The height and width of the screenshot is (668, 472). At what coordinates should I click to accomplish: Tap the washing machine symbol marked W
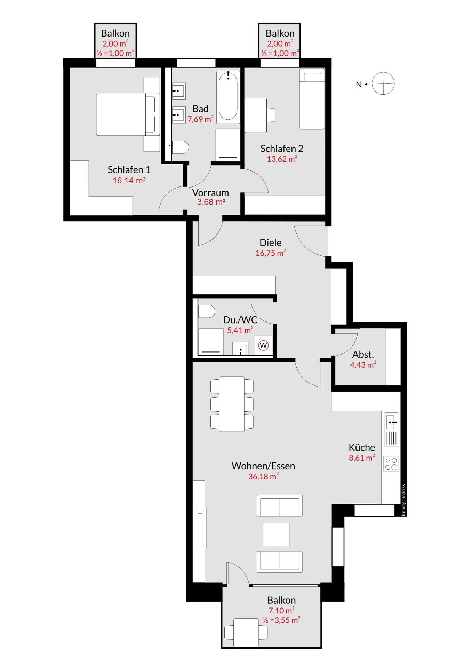264,345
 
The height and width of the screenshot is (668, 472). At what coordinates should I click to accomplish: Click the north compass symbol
383,83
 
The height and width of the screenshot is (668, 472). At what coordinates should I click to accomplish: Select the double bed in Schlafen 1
128,114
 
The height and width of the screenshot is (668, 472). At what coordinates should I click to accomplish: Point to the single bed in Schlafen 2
312,99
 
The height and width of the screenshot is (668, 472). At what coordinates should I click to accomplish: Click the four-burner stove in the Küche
391,464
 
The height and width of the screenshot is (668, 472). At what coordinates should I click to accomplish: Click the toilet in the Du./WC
207,311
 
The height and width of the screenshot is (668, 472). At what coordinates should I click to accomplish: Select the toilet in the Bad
180,147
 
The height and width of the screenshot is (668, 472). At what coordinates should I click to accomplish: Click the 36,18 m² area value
263,476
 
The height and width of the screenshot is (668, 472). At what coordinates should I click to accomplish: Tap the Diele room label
271,242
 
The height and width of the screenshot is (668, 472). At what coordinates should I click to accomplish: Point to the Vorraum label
210,192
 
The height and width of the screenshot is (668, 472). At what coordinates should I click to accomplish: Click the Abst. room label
363,355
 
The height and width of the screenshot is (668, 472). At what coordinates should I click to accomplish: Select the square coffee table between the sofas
276,534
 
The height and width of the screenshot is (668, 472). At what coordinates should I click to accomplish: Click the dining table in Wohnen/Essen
232,404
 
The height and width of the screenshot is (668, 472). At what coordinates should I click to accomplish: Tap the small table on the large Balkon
246,633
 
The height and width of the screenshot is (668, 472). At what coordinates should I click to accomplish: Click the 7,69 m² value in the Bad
201,119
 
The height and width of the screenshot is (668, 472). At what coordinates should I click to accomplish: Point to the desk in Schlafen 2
256,115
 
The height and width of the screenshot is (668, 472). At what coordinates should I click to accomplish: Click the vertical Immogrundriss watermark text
403,500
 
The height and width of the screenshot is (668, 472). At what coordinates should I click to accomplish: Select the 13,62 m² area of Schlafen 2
282,159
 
